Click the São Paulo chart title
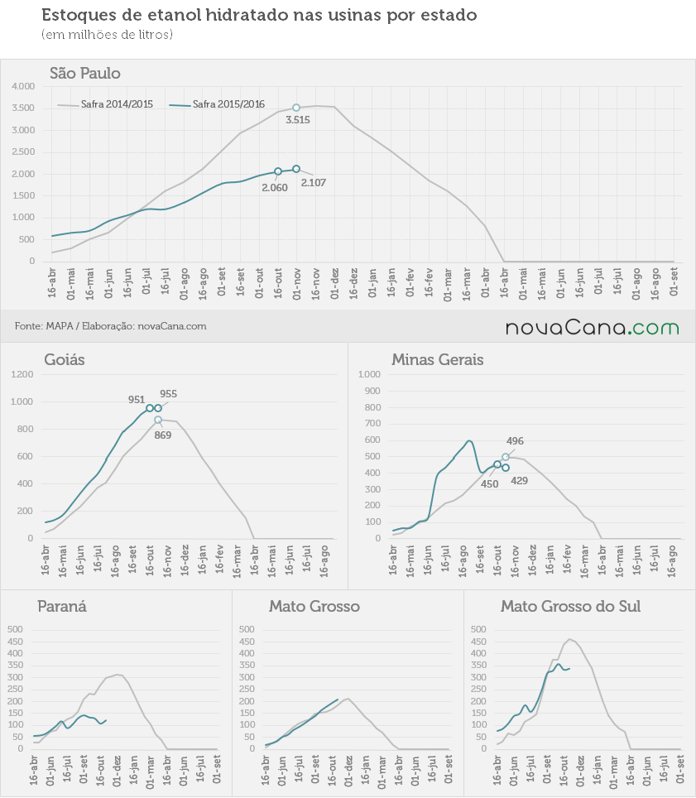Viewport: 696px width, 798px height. pos(85,74)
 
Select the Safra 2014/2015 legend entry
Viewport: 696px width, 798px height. pos(105,104)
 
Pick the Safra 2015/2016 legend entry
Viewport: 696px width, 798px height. pos(218,104)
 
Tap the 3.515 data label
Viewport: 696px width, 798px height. pos(298,120)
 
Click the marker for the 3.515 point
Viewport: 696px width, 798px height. pos(296,108)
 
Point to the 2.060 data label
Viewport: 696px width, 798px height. pos(275,188)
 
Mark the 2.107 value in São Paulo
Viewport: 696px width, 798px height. pos(314,183)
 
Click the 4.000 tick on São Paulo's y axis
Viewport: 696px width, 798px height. pos(23,87)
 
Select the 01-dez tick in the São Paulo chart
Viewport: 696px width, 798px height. pos(335,283)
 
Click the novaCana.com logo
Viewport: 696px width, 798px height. pos(593,327)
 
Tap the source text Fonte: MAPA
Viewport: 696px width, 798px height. pos(44,326)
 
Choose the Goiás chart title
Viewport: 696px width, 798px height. pos(65,360)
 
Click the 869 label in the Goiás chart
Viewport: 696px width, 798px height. pos(163,435)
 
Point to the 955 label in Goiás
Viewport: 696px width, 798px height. pos(168,394)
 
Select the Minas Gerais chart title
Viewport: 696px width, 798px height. pos(438,360)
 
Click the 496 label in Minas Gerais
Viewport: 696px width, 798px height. pos(515,441)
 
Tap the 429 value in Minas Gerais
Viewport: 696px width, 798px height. pos(519,481)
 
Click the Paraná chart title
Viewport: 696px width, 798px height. pos(62,607)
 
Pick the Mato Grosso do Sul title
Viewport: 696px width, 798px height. pos(570,607)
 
